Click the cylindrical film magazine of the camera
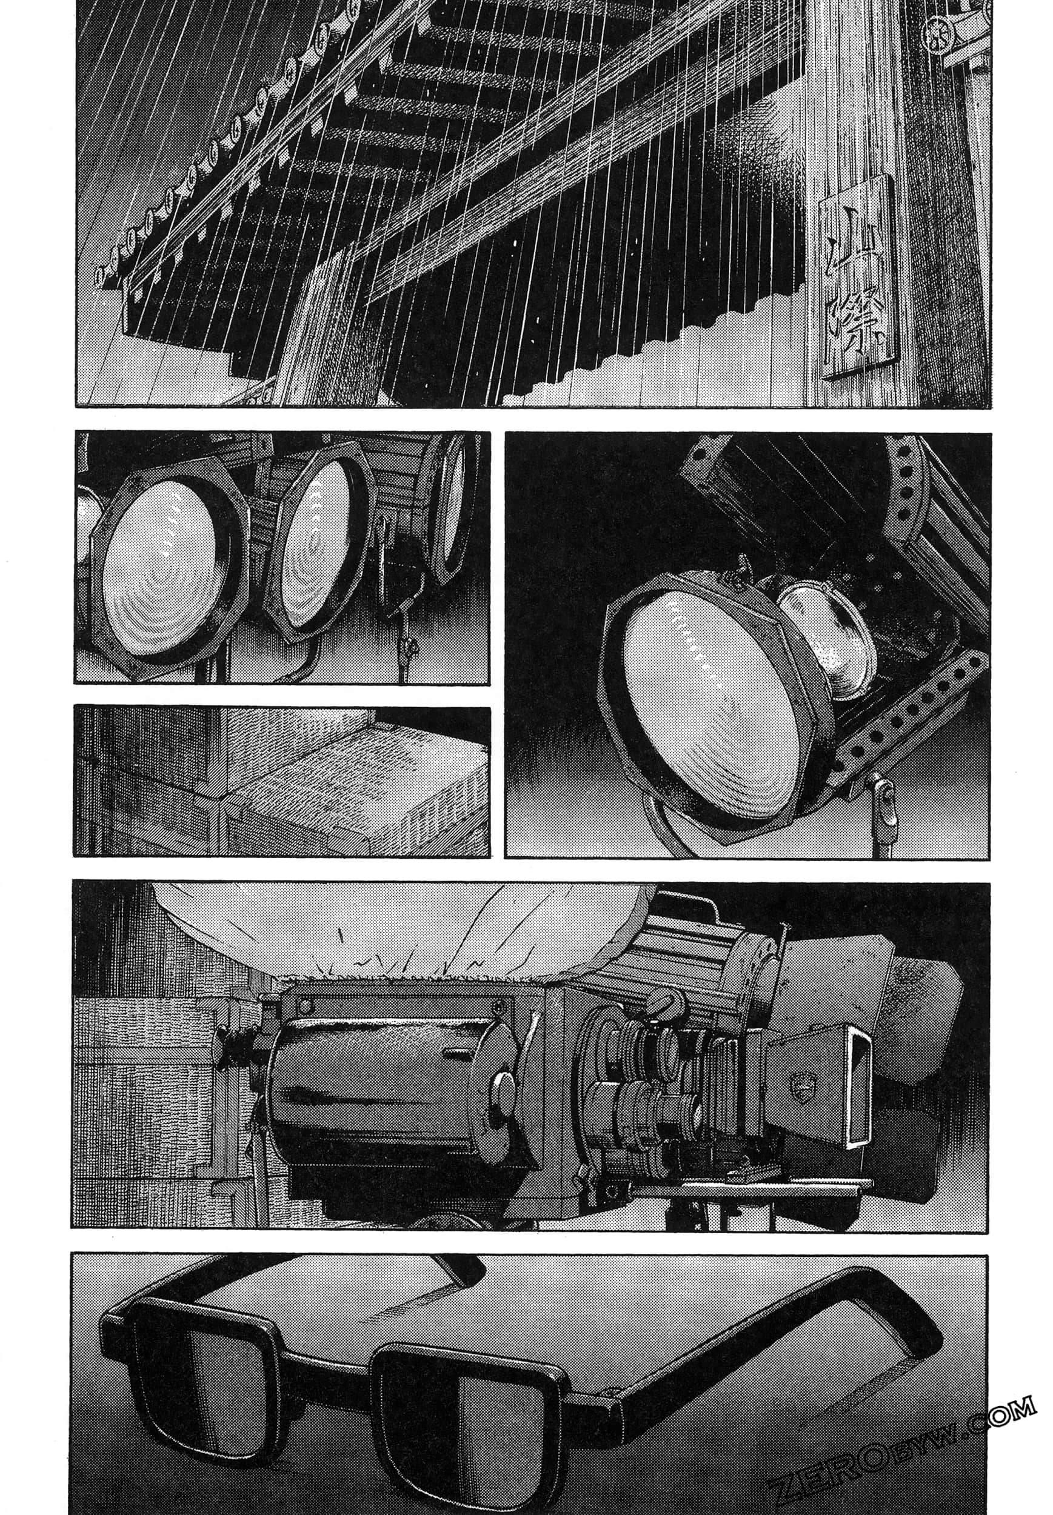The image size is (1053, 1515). click(383, 1085)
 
